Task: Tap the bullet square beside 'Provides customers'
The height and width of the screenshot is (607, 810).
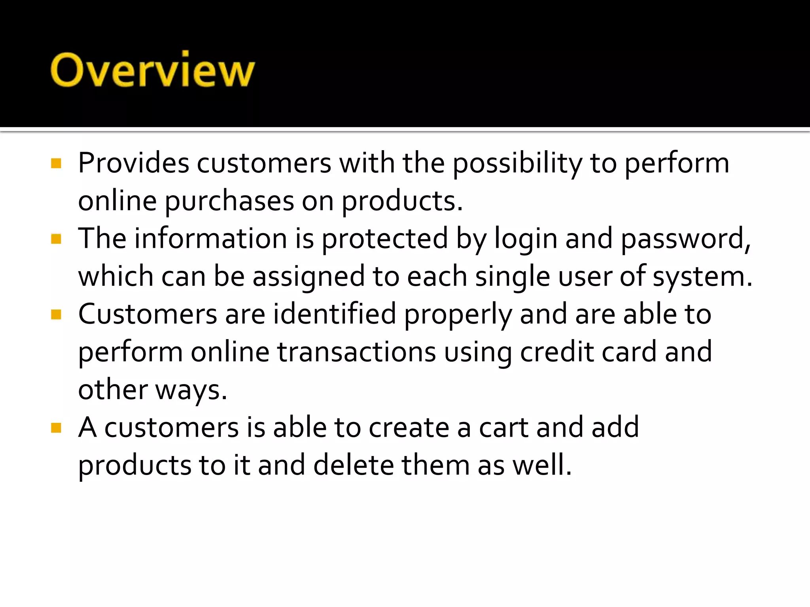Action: pyautogui.click(x=56, y=163)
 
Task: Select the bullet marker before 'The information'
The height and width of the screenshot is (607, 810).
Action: pyautogui.click(x=56, y=239)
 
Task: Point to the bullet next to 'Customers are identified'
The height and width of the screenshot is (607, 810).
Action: pyautogui.click(x=56, y=315)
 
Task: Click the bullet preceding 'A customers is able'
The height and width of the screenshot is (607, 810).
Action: pyautogui.click(x=56, y=428)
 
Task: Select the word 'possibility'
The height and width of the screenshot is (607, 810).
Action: pyautogui.click(x=517, y=164)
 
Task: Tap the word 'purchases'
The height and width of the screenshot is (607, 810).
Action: pyautogui.click(x=229, y=201)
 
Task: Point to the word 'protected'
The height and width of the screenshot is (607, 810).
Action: pyautogui.click(x=385, y=239)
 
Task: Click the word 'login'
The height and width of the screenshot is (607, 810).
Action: pyautogui.click(x=526, y=239)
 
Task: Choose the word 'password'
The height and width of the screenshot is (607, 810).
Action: pyautogui.click(x=683, y=239)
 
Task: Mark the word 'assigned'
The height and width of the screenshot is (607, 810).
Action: pyautogui.click(x=308, y=277)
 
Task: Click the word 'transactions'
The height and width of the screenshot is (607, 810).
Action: pyautogui.click(x=356, y=352)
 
